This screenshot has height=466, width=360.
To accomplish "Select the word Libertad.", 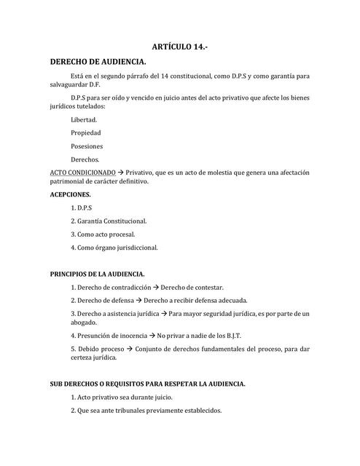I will click(84, 119).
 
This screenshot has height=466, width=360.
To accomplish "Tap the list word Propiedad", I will click(86, 133).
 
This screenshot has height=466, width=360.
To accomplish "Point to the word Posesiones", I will click(87, 146).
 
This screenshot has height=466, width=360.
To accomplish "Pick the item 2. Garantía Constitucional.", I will click(109, 221).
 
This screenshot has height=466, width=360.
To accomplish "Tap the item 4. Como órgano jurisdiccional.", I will click(114, 247).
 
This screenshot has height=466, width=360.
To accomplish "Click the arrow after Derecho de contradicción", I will click(154, 288).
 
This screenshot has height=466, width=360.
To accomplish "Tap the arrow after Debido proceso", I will click(128, 349).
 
